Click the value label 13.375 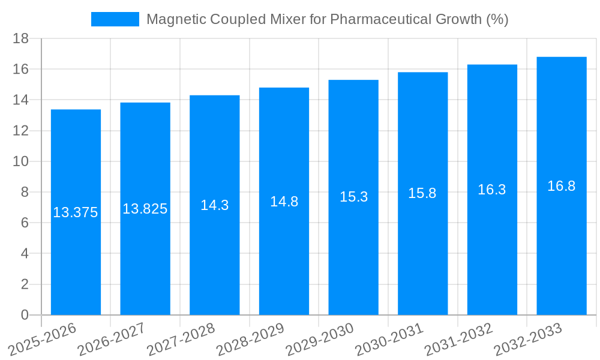coord(76,212)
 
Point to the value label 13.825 coord(145,209)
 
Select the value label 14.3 coord(215,205)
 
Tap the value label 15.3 coord(353,197)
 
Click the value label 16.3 coord(492,190)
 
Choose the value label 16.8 coord(562,186)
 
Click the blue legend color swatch coord(115,19)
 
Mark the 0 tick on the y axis coord(25,315)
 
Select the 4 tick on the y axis coord(25,254)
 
